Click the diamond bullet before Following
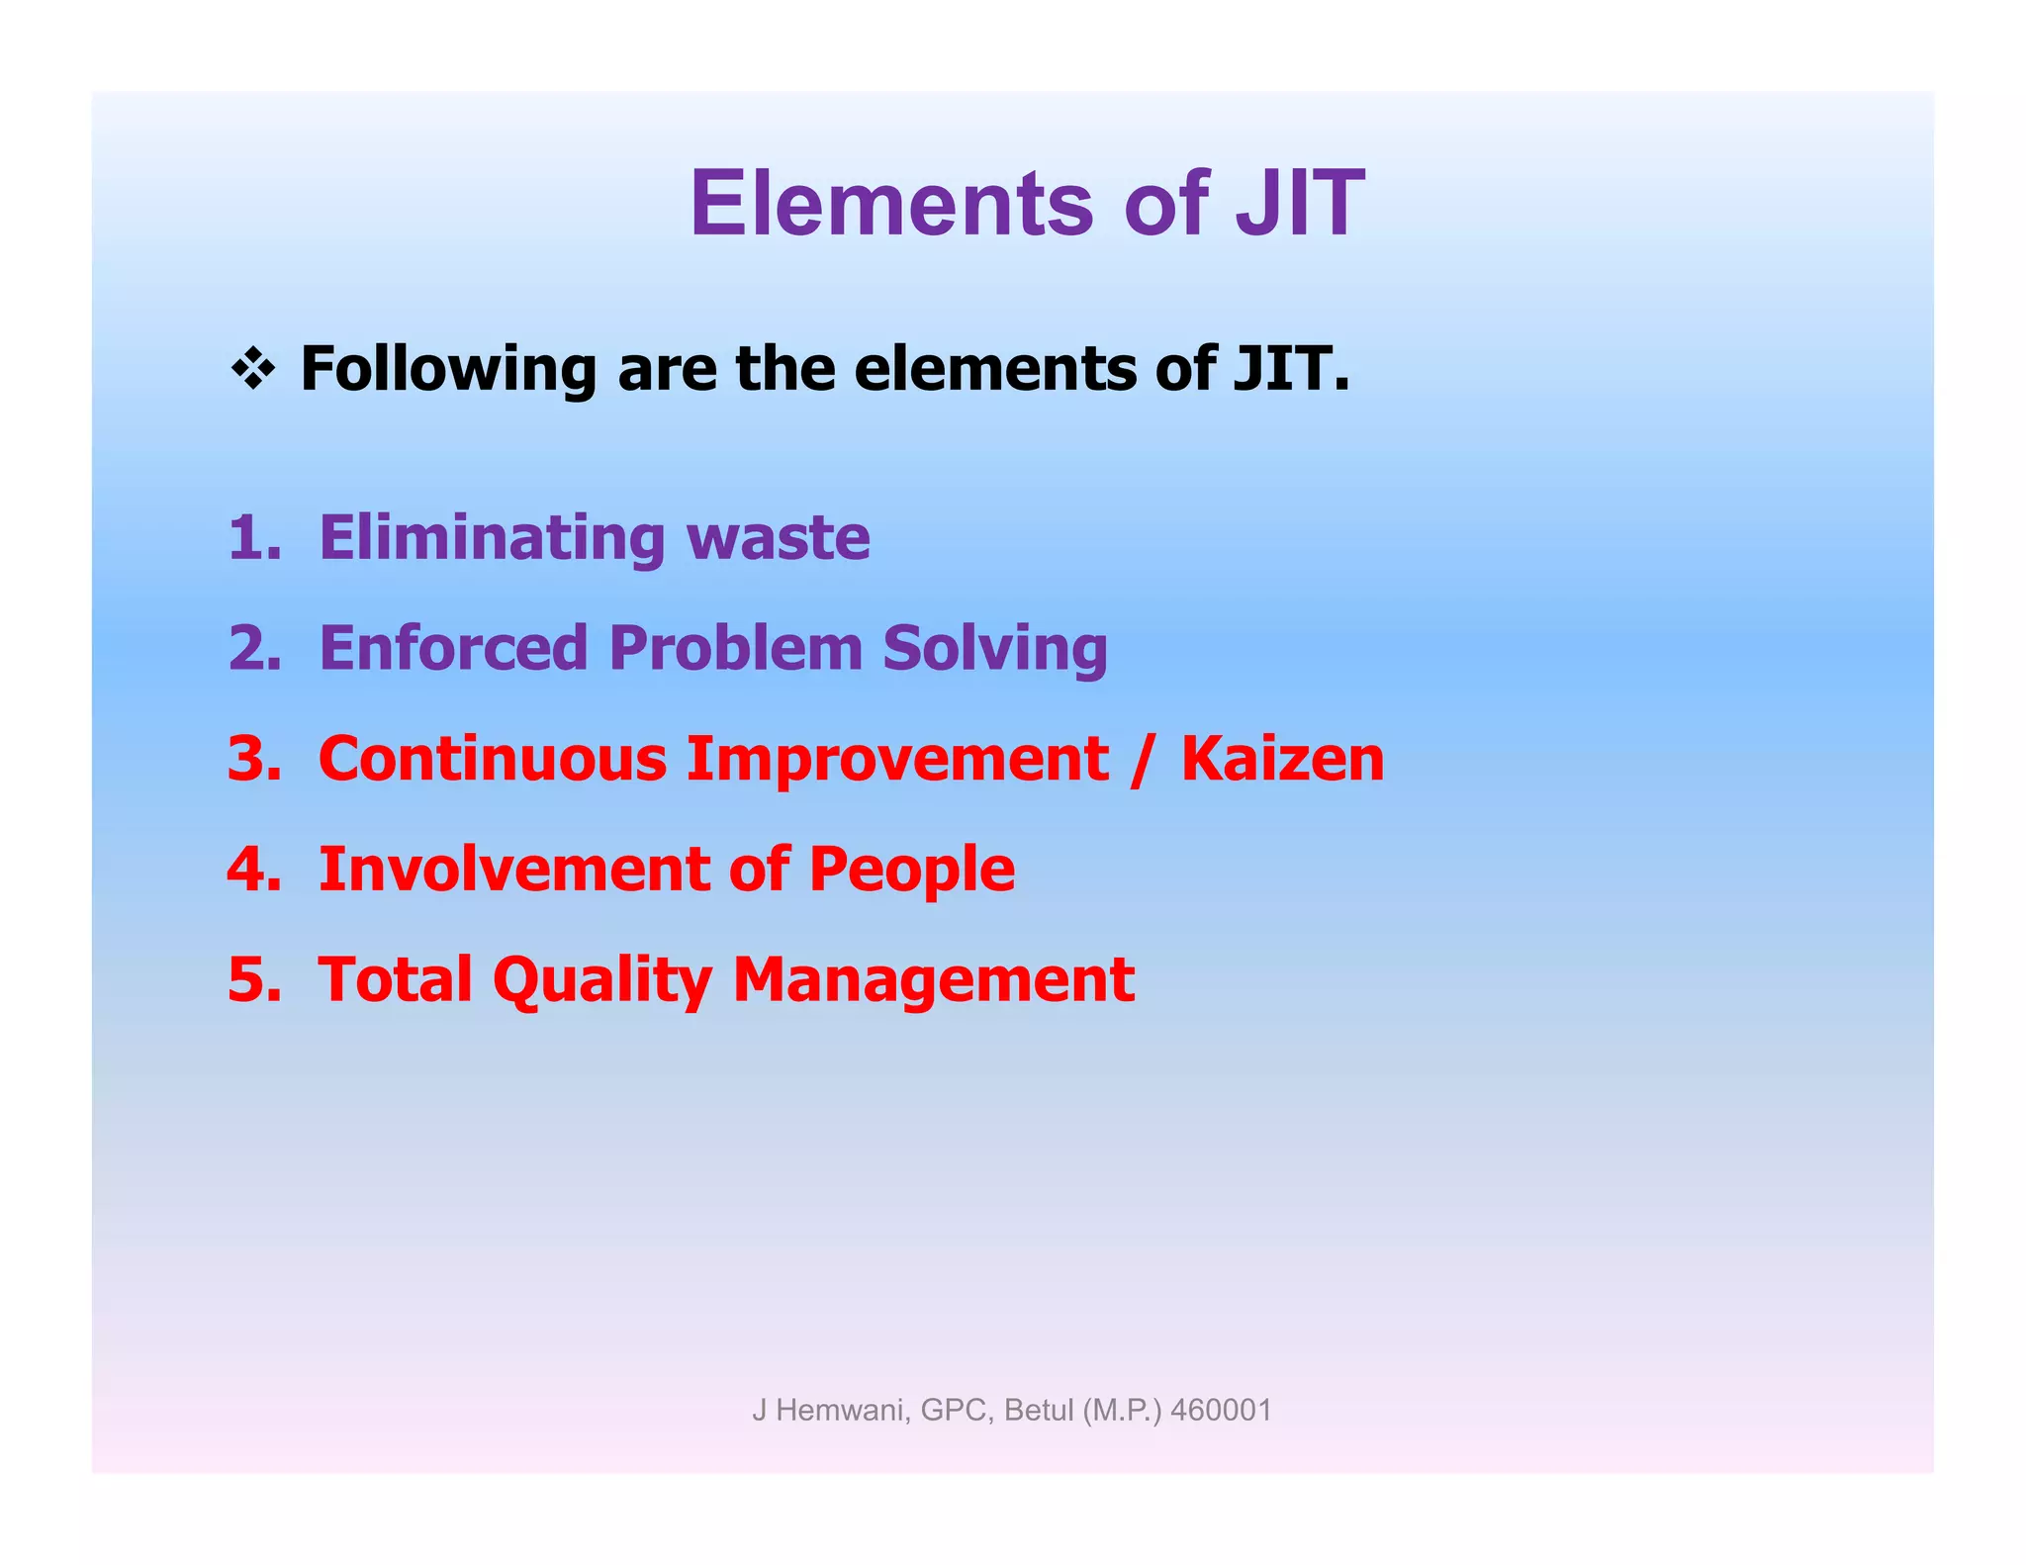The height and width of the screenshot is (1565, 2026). (253, 369)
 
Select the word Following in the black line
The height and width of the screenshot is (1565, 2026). (447, 369)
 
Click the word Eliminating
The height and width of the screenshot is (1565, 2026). (492, 538)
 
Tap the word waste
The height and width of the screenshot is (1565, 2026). (779, 538)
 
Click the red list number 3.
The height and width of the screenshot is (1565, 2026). (253, 759)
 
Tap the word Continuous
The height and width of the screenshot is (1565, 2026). (492, 759)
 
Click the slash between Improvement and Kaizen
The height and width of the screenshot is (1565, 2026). (1144, 759)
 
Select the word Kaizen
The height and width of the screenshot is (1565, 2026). (1282, 759)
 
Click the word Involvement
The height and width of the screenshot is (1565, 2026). (512, 870)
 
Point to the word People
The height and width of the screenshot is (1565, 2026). (911, 870)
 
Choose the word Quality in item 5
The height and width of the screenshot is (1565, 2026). (601, 980)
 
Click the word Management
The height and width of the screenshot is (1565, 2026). (933, 980)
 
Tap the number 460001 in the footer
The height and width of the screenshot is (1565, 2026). (1221, 1410)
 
